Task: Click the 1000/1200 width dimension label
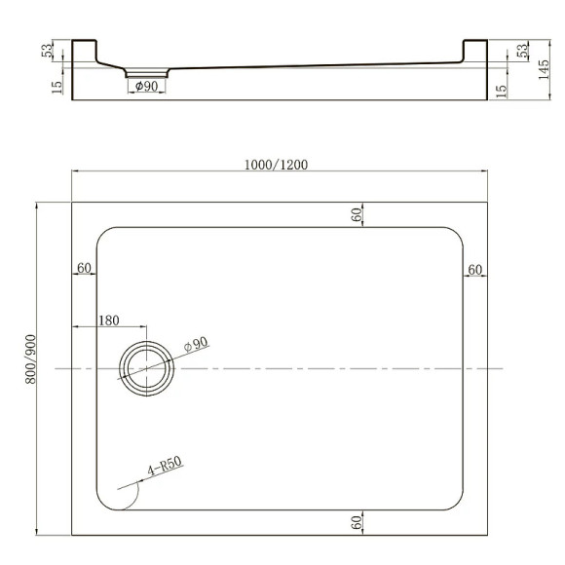(277, 164)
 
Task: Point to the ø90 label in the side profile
(146, 86)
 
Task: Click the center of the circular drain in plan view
(147, 368)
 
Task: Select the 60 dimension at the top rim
(357, 214)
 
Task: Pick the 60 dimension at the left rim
(84, 268)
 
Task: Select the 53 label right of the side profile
(521, 51)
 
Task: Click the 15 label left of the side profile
(57, 86)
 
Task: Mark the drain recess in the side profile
(147, 71)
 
